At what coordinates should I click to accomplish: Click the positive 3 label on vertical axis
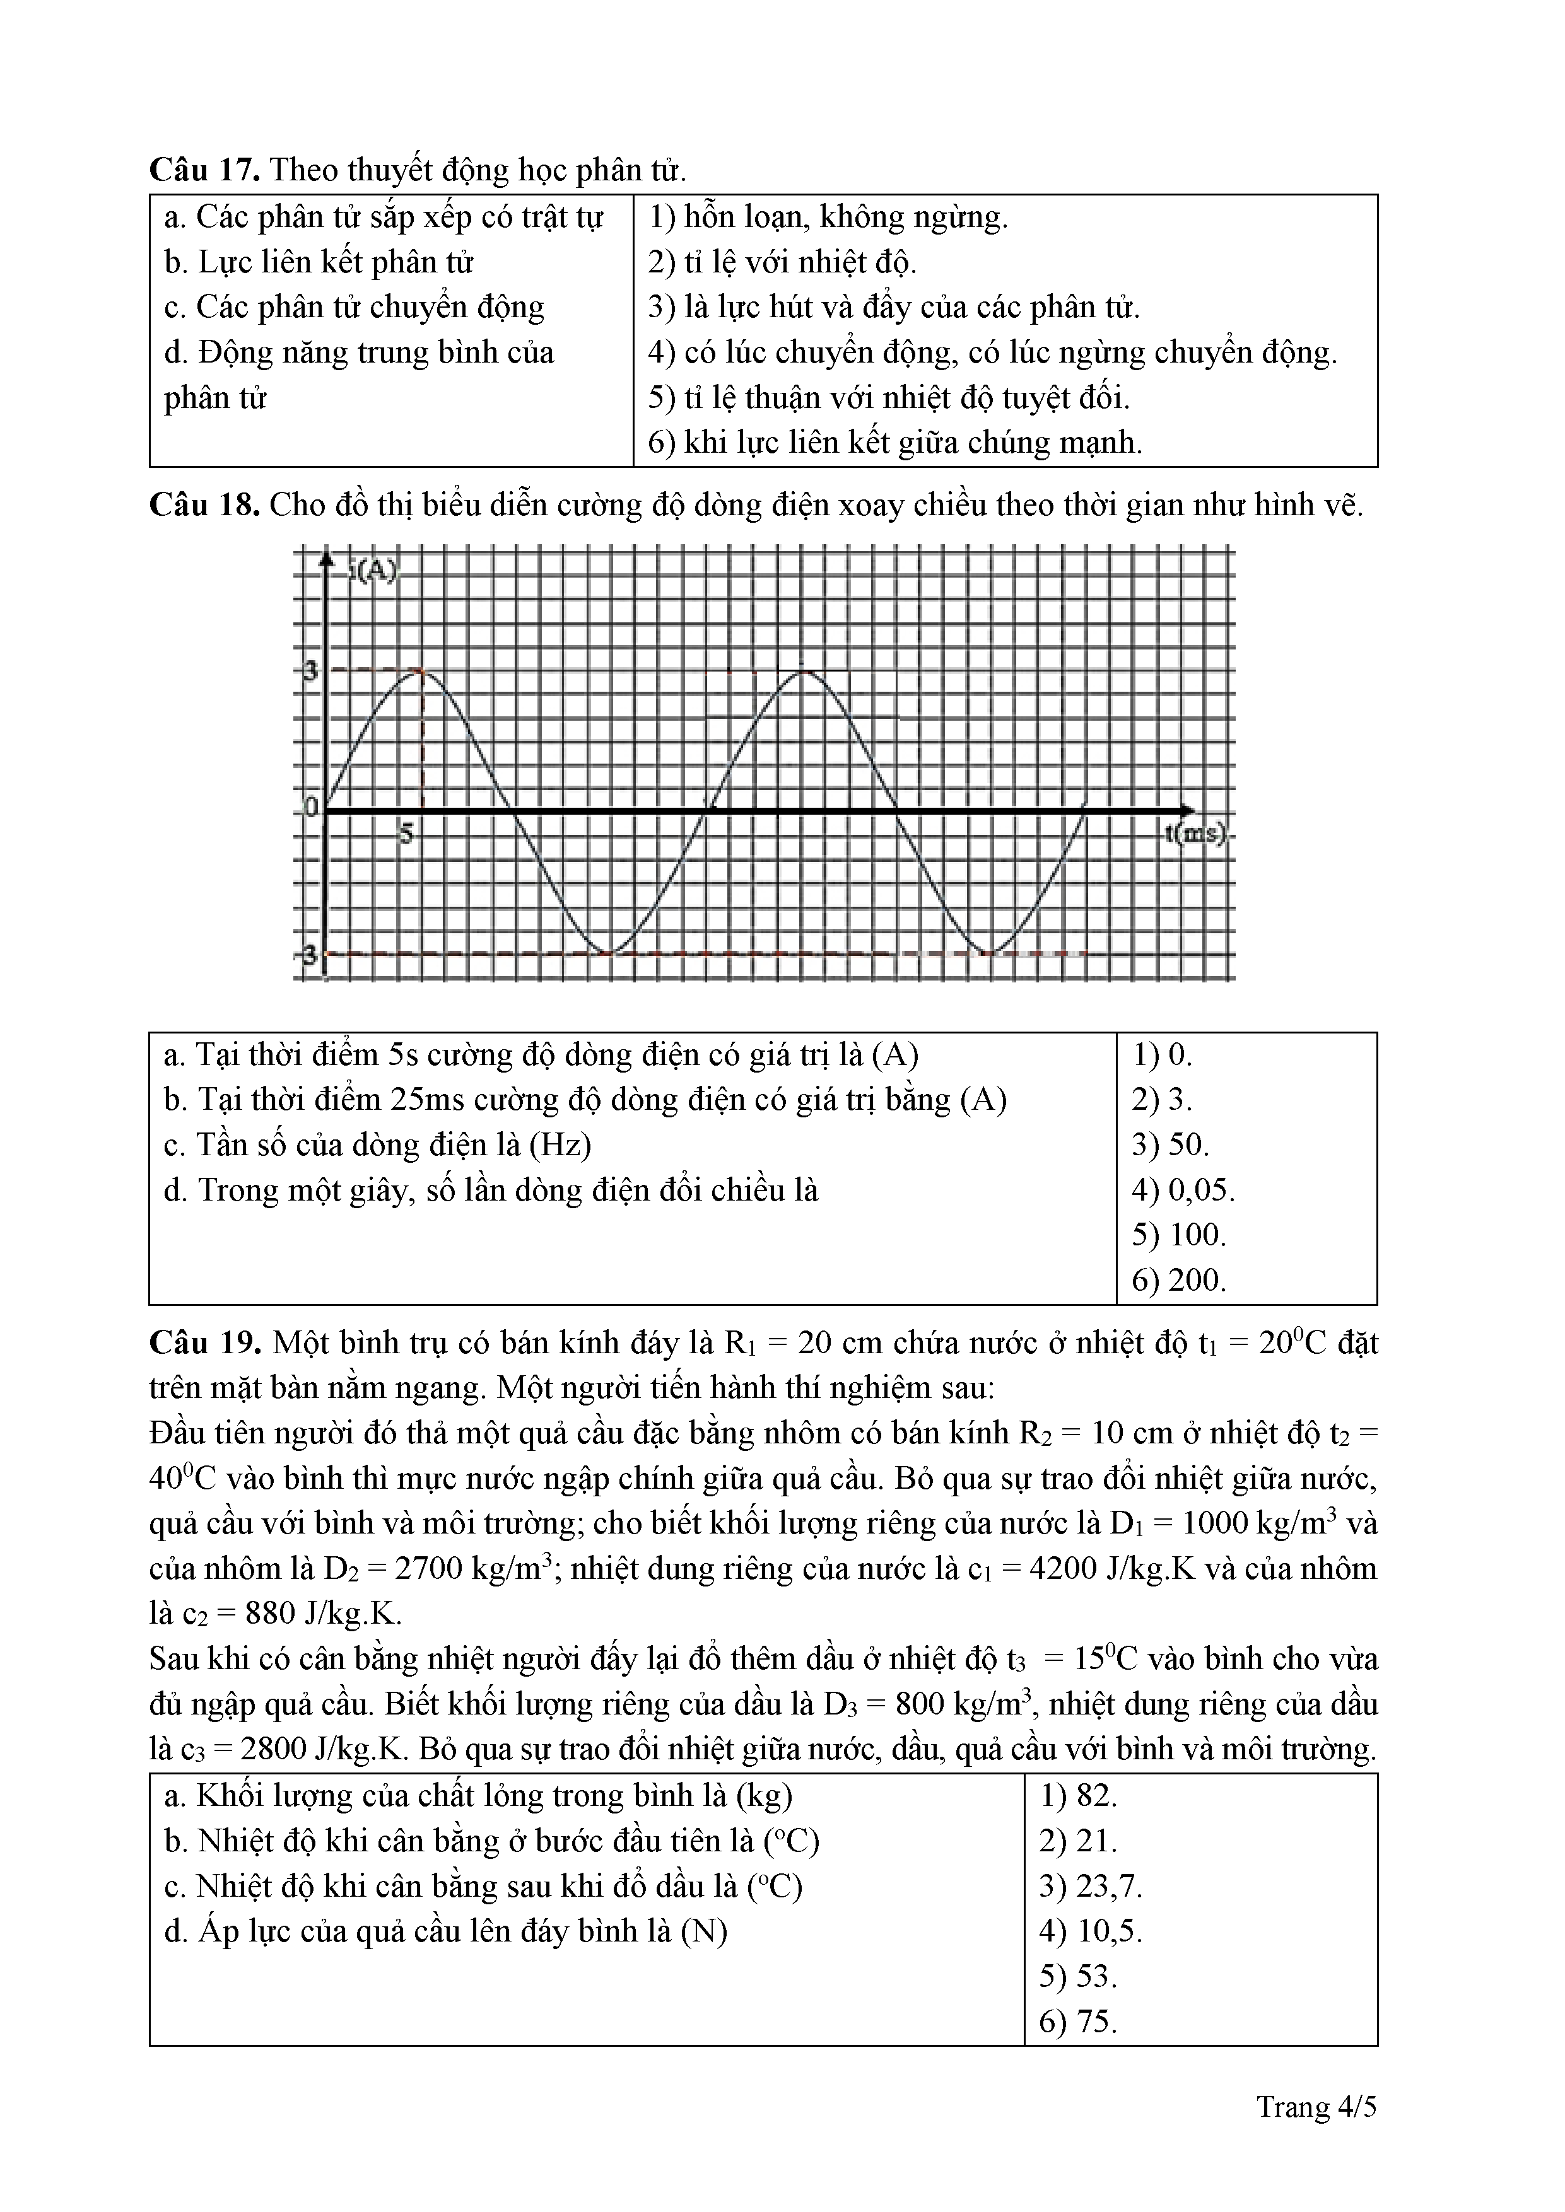pos(308,672)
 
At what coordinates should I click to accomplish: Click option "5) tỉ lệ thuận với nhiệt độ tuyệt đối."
pos(889,397)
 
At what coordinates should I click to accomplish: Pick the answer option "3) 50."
pos(1170,1144)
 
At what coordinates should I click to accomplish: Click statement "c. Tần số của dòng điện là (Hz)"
pos(378,1144)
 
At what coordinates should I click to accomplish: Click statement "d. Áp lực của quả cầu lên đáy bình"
pos(445,1931)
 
